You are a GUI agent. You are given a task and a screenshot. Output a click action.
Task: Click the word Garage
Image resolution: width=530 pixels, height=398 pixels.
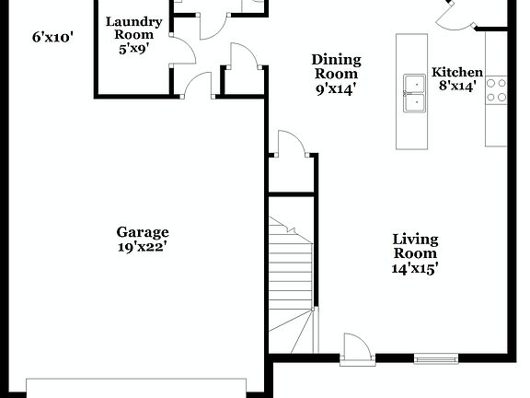point(142,232)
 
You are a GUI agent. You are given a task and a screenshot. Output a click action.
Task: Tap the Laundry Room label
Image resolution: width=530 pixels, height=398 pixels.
point(133,28)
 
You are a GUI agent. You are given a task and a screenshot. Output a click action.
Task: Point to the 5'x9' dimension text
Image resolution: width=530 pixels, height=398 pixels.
point(133,48)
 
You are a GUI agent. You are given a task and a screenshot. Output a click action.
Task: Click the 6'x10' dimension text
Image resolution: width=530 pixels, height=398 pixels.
point(52,38)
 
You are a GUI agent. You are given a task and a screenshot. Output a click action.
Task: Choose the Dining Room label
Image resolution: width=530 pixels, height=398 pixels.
point(337,66)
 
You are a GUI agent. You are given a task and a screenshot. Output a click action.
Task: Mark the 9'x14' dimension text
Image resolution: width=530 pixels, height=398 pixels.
point(337,89)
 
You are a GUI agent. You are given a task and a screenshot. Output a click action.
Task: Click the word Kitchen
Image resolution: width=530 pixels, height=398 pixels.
point(457,72)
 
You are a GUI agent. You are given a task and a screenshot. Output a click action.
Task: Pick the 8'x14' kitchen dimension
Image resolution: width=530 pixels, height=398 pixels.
point(457,87)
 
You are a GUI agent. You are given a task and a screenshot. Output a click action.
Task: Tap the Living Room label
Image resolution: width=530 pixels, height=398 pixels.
point(415,246)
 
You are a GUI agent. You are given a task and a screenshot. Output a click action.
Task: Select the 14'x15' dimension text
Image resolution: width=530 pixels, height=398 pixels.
point(415,268)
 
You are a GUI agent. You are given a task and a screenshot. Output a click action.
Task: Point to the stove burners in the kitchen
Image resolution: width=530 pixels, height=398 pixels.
point(496,88)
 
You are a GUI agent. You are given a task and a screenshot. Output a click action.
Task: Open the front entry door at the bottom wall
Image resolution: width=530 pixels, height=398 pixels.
point(355,350)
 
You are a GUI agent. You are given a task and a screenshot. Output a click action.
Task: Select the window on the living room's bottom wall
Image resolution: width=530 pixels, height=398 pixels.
point(435,357)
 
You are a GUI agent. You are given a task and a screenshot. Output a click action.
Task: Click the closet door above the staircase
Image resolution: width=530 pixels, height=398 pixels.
point(289,146)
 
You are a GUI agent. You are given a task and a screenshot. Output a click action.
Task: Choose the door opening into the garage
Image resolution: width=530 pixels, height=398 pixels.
point(198,87)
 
